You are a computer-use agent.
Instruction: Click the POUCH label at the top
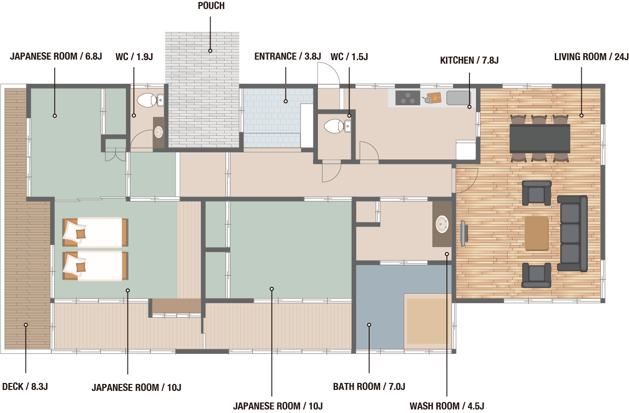tap(211, 6)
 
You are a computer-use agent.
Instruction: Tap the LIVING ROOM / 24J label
tap(591, 57)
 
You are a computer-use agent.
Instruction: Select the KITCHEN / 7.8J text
tap(469, 60)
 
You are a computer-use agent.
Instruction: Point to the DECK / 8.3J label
tap(25, 386)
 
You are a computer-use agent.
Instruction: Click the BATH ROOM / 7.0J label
tap(369, 386)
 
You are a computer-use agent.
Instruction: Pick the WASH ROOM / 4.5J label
tap(447, 406)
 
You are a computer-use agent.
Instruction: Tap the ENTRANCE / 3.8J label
tap(287, 57)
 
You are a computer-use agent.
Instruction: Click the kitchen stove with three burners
tap(408, 98)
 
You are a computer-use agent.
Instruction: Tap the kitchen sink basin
tap(458, 98)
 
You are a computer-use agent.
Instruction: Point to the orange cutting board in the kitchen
tap(433, 98)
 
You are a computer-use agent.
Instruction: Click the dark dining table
tap(540, 139)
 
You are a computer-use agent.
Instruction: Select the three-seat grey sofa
tap(572, 234)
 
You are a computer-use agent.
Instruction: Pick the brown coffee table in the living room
tap(536, 233)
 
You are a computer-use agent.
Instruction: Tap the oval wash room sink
tap(442, 224)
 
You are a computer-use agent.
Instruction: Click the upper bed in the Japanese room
tap(95, 233)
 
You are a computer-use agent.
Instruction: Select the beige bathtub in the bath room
tap(427, 321)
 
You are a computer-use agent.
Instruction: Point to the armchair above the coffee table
tap(537, 193)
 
